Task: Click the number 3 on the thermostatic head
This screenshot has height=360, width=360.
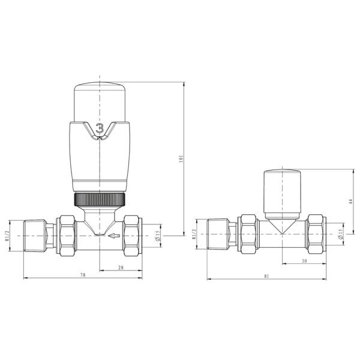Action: [x=100, y=128]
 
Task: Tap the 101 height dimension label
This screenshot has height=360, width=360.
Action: [x=181, y=159]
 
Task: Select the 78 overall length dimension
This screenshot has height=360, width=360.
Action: [x=83, y=275]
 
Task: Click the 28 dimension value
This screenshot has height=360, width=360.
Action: [x=121, y=268]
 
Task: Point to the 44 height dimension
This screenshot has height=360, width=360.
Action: [x=350, y=202]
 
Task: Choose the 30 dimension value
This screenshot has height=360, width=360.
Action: [x=304, y=261]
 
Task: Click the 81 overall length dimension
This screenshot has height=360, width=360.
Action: [x=266, y=276]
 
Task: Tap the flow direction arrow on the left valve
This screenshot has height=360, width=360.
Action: [x=115, y=236]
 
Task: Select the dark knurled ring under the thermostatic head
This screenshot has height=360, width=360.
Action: [x=100, y=200]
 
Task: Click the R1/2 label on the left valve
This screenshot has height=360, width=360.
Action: [x=7, y=236]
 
